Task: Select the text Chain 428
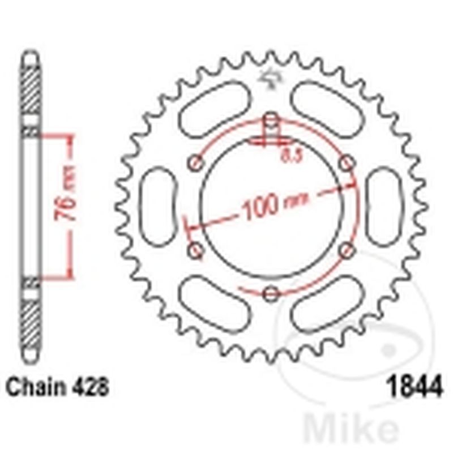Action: (x=57, y=389)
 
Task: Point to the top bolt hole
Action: (x=272, y=120)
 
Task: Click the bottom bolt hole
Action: (x=272, y=293)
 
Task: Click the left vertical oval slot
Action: (x=158, y=207)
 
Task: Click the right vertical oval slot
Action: (x=385, y=207)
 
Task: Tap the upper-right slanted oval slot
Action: (x=328, y=108)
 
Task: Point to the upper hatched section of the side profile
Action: (x=31, y=91)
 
